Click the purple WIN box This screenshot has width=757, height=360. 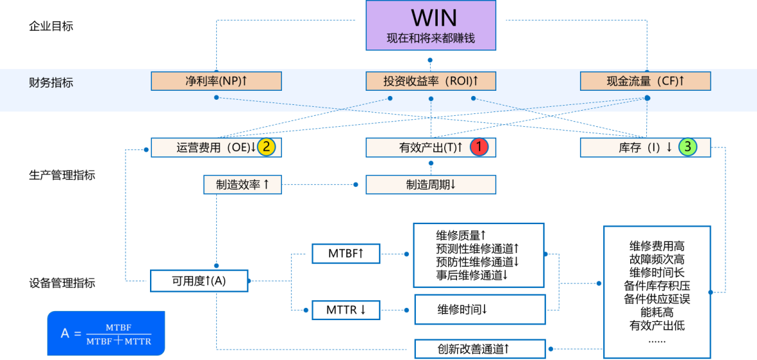[x=431, y=25]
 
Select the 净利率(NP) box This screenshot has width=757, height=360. [x=216, y=81]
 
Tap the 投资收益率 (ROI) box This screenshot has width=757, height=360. [x=431, y=81]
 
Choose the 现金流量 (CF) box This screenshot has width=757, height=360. [x=645, y=81]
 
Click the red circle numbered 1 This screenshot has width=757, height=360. [x=479, y=147]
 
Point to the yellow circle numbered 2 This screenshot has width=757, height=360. [x=266, y=147]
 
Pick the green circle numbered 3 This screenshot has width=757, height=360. [x=687, y=147]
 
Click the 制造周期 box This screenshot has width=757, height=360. [x=431, y=185]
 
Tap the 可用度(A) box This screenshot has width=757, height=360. [x=199, y=281]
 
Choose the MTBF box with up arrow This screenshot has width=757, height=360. [x=346, y=254]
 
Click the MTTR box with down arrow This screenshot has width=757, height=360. [x=346, y=310]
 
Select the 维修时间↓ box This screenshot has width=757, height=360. [x=480, y=309]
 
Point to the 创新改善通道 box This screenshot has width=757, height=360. [x=480, y=348]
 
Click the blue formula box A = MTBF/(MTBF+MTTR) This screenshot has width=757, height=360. [x=106, y=333]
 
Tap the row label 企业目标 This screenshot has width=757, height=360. [x=51, y=26]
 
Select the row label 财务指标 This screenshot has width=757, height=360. [x=51, y=82]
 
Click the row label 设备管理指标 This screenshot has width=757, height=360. [x=62, y=283]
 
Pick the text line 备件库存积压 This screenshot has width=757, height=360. [x=657, y=285]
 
